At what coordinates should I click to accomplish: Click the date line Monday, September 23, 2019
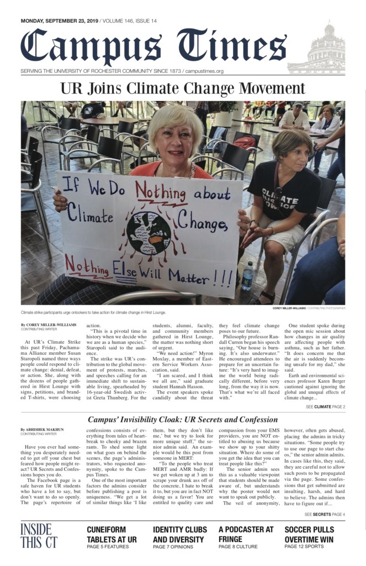point(60,21)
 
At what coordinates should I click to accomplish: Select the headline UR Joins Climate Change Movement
point(182,89)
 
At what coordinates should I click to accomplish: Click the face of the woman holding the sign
point(175,137)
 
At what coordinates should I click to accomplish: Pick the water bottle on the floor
point(248,277)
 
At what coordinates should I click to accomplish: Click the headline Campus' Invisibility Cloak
point(183,420)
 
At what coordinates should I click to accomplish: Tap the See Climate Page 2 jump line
point(325,407)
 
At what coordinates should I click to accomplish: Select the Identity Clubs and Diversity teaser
point(180,534)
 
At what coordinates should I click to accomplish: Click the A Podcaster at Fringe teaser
point(246,534)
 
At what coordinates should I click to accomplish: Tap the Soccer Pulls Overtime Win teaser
point(313,534)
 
